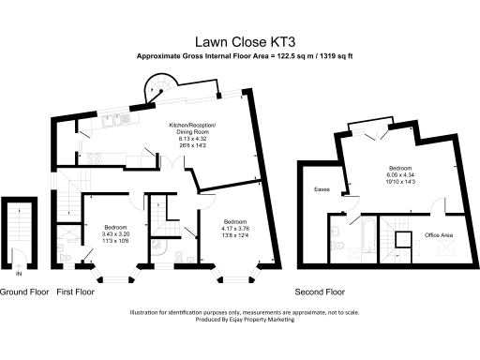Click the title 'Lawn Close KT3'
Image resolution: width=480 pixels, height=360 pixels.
pos(240,41)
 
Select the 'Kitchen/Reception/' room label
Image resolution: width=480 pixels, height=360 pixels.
pos(192,125)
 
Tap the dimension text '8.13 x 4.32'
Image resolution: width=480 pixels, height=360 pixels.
pos(192,138)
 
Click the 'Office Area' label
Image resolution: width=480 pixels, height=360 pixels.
pos(439,233)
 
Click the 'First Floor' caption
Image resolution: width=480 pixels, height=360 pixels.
pos(76,292)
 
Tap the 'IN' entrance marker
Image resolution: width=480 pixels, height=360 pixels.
pos(21,275)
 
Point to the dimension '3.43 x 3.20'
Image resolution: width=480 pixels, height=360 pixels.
pos(116,232)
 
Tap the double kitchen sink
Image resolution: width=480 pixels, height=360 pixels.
pos(112,119)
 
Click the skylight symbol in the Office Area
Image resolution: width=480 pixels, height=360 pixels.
pos(446,250)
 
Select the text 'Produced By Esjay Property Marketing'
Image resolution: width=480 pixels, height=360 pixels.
pos(240,320)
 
